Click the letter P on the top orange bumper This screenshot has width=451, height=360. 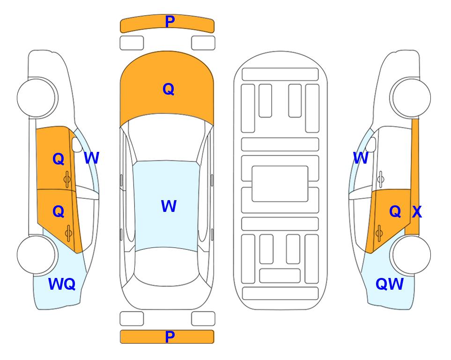click(x=170, y=22)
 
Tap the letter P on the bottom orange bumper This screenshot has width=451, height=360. click(x=170, y=337)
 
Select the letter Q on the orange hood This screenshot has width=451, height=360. click(x=169, y=89)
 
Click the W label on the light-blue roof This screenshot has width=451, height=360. click(x=169, y=206)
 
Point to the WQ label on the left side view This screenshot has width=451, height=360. click(x=62, y=284)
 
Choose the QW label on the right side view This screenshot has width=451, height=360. click(x=390, y=284)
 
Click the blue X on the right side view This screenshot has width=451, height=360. click(x=417, y=212)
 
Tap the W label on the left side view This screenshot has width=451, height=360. click(x=91, y=158)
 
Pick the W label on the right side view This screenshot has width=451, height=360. click(x=361, y=158)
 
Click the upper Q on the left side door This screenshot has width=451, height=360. click(x=59, y=159)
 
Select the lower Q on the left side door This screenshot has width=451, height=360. click(x=59, y=211)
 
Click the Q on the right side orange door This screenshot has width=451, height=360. click(x=395, y=212)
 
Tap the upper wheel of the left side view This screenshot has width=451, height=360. click(x=37, y=98)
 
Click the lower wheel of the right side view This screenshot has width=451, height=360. click(x=411, y=255)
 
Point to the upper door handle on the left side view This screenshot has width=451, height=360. click(x=67, y=180)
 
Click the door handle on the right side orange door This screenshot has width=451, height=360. click(x=379, y=233)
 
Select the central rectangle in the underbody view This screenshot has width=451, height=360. click(x=280, y=184)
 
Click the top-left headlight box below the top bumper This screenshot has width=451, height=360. click(x=132, y=43)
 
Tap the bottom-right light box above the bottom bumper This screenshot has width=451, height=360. click(x=203, y=319)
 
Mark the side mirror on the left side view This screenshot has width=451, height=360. click(x=77, y=144)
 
